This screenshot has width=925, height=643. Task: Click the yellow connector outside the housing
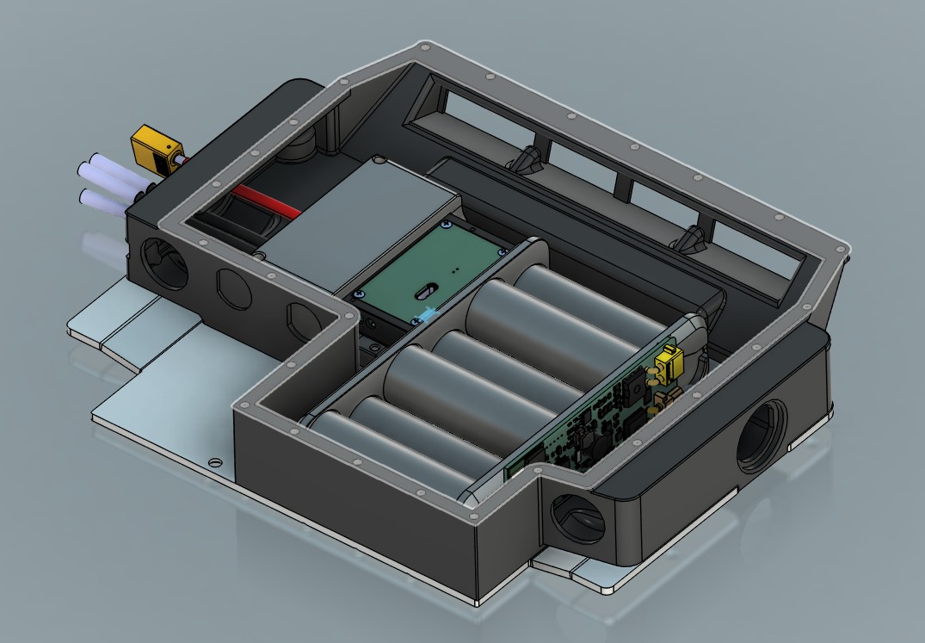pos(153,150)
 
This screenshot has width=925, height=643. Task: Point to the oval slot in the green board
pos(426,291)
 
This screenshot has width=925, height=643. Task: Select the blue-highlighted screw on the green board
pos(418,318)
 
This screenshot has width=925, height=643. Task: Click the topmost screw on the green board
pos(446,225)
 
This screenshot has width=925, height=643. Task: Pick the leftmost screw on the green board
pos(355,294)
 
